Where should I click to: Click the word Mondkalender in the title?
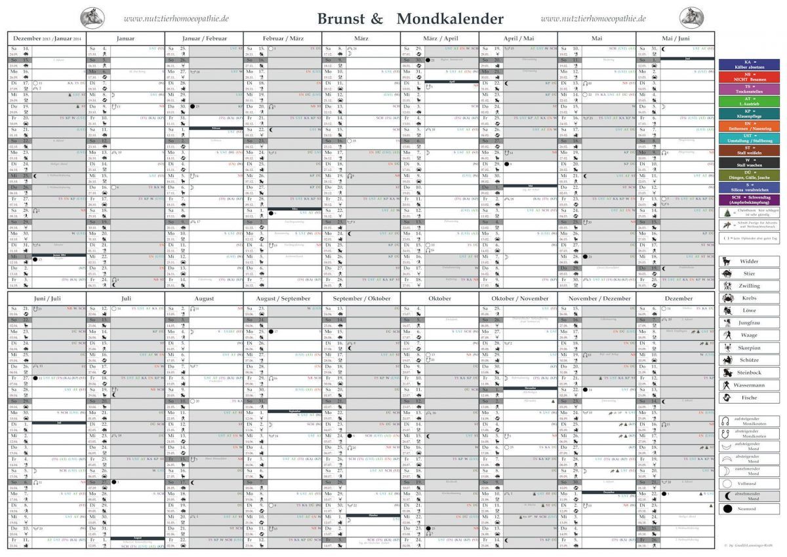tap(450, 18)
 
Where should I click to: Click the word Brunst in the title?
tap(341, 18)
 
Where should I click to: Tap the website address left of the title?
tap(176, 19)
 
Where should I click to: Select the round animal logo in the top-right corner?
tap(691, 18)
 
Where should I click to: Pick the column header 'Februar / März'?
tap(283, 39)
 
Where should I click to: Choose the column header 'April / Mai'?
tap(518, 39)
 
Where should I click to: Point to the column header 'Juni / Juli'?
tap(47, 298)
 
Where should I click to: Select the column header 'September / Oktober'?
tap(361, 298)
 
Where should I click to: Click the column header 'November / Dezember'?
tap(597, 298)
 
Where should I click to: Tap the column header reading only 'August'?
tap(204, 298)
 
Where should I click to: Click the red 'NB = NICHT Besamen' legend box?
tap(748, 77)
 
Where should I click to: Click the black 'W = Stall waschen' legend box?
tap(748, 162)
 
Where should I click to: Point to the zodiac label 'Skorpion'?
tap(748, 348)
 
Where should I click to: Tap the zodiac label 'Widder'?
tap(748, 261)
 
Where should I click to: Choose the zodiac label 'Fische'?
tap(748, 398)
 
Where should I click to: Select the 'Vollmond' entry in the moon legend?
tap(748, 483)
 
